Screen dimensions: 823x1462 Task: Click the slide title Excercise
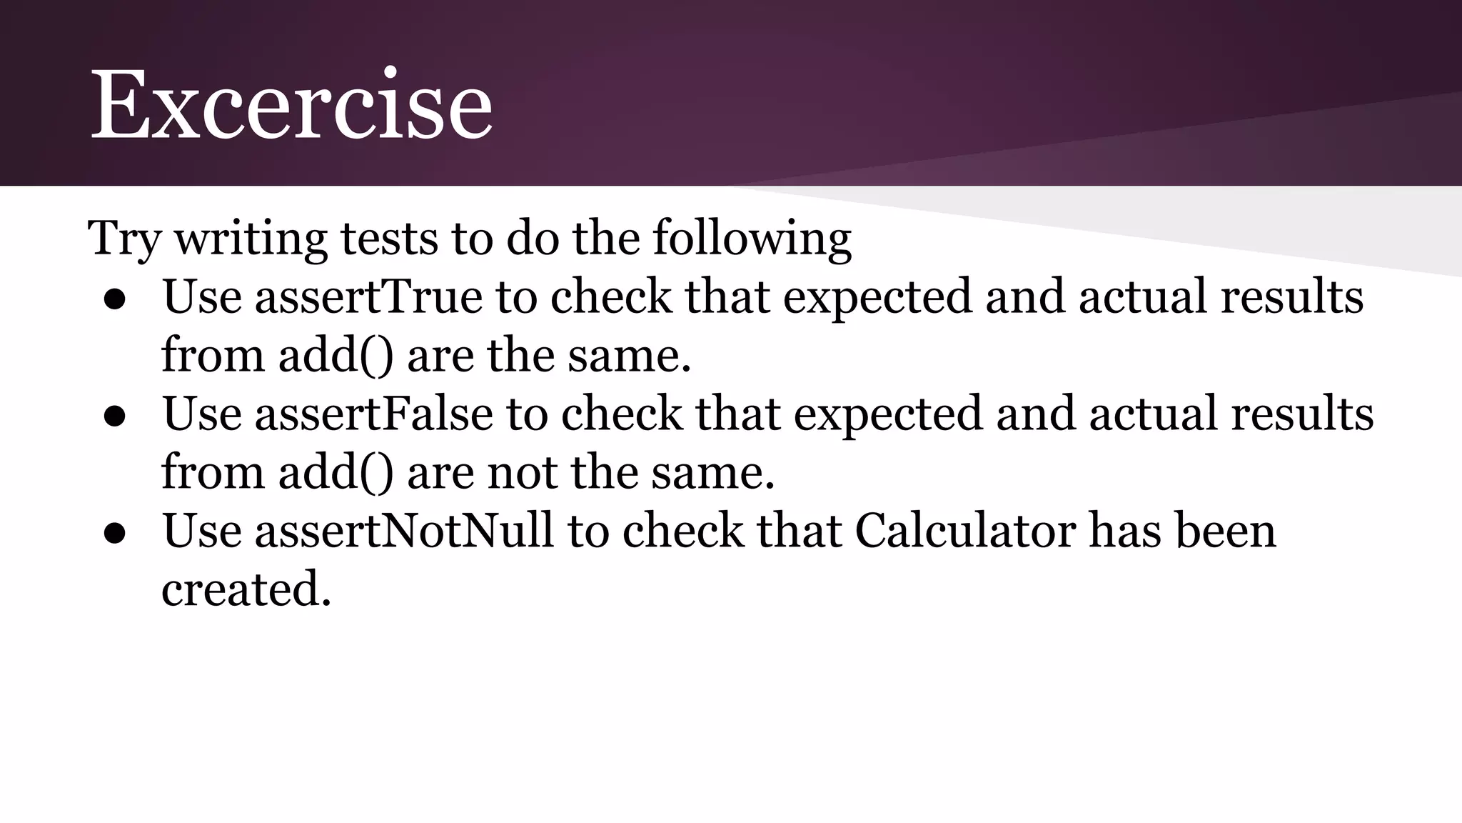click(291, 106)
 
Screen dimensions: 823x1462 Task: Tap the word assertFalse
click(373, 414)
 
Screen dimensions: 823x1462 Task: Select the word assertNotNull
click(404, 531)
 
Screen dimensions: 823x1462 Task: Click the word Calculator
click(964, 531)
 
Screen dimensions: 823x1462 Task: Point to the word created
click(246, 590)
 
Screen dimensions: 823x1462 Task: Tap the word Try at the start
click(123, 239)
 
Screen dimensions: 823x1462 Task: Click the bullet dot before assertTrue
click(115, 301)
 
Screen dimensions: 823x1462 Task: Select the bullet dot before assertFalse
click(115, 418)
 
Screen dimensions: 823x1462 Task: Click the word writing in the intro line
click(251, 239)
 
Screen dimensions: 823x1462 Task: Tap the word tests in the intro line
click(388, 239)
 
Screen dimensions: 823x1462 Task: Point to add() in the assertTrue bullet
click(336, 355)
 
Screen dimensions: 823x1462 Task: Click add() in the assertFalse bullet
click(336, 472)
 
